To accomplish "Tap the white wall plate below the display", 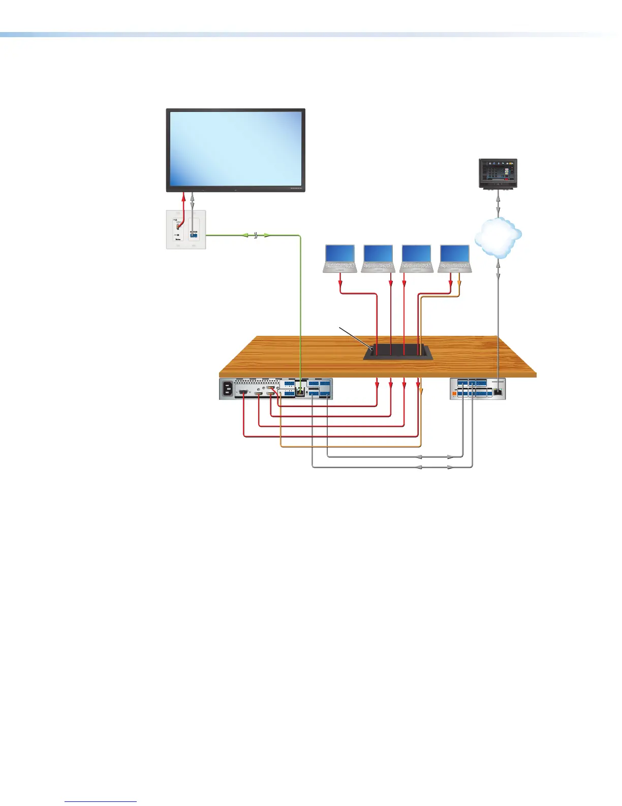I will pos(186,229).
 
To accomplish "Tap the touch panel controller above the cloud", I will pos(498,174).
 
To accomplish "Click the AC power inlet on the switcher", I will pos(227,390).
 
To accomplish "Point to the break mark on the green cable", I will pos(257,235).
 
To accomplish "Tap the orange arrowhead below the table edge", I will pos(421,390).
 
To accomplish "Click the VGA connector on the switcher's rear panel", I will pos(244,392).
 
